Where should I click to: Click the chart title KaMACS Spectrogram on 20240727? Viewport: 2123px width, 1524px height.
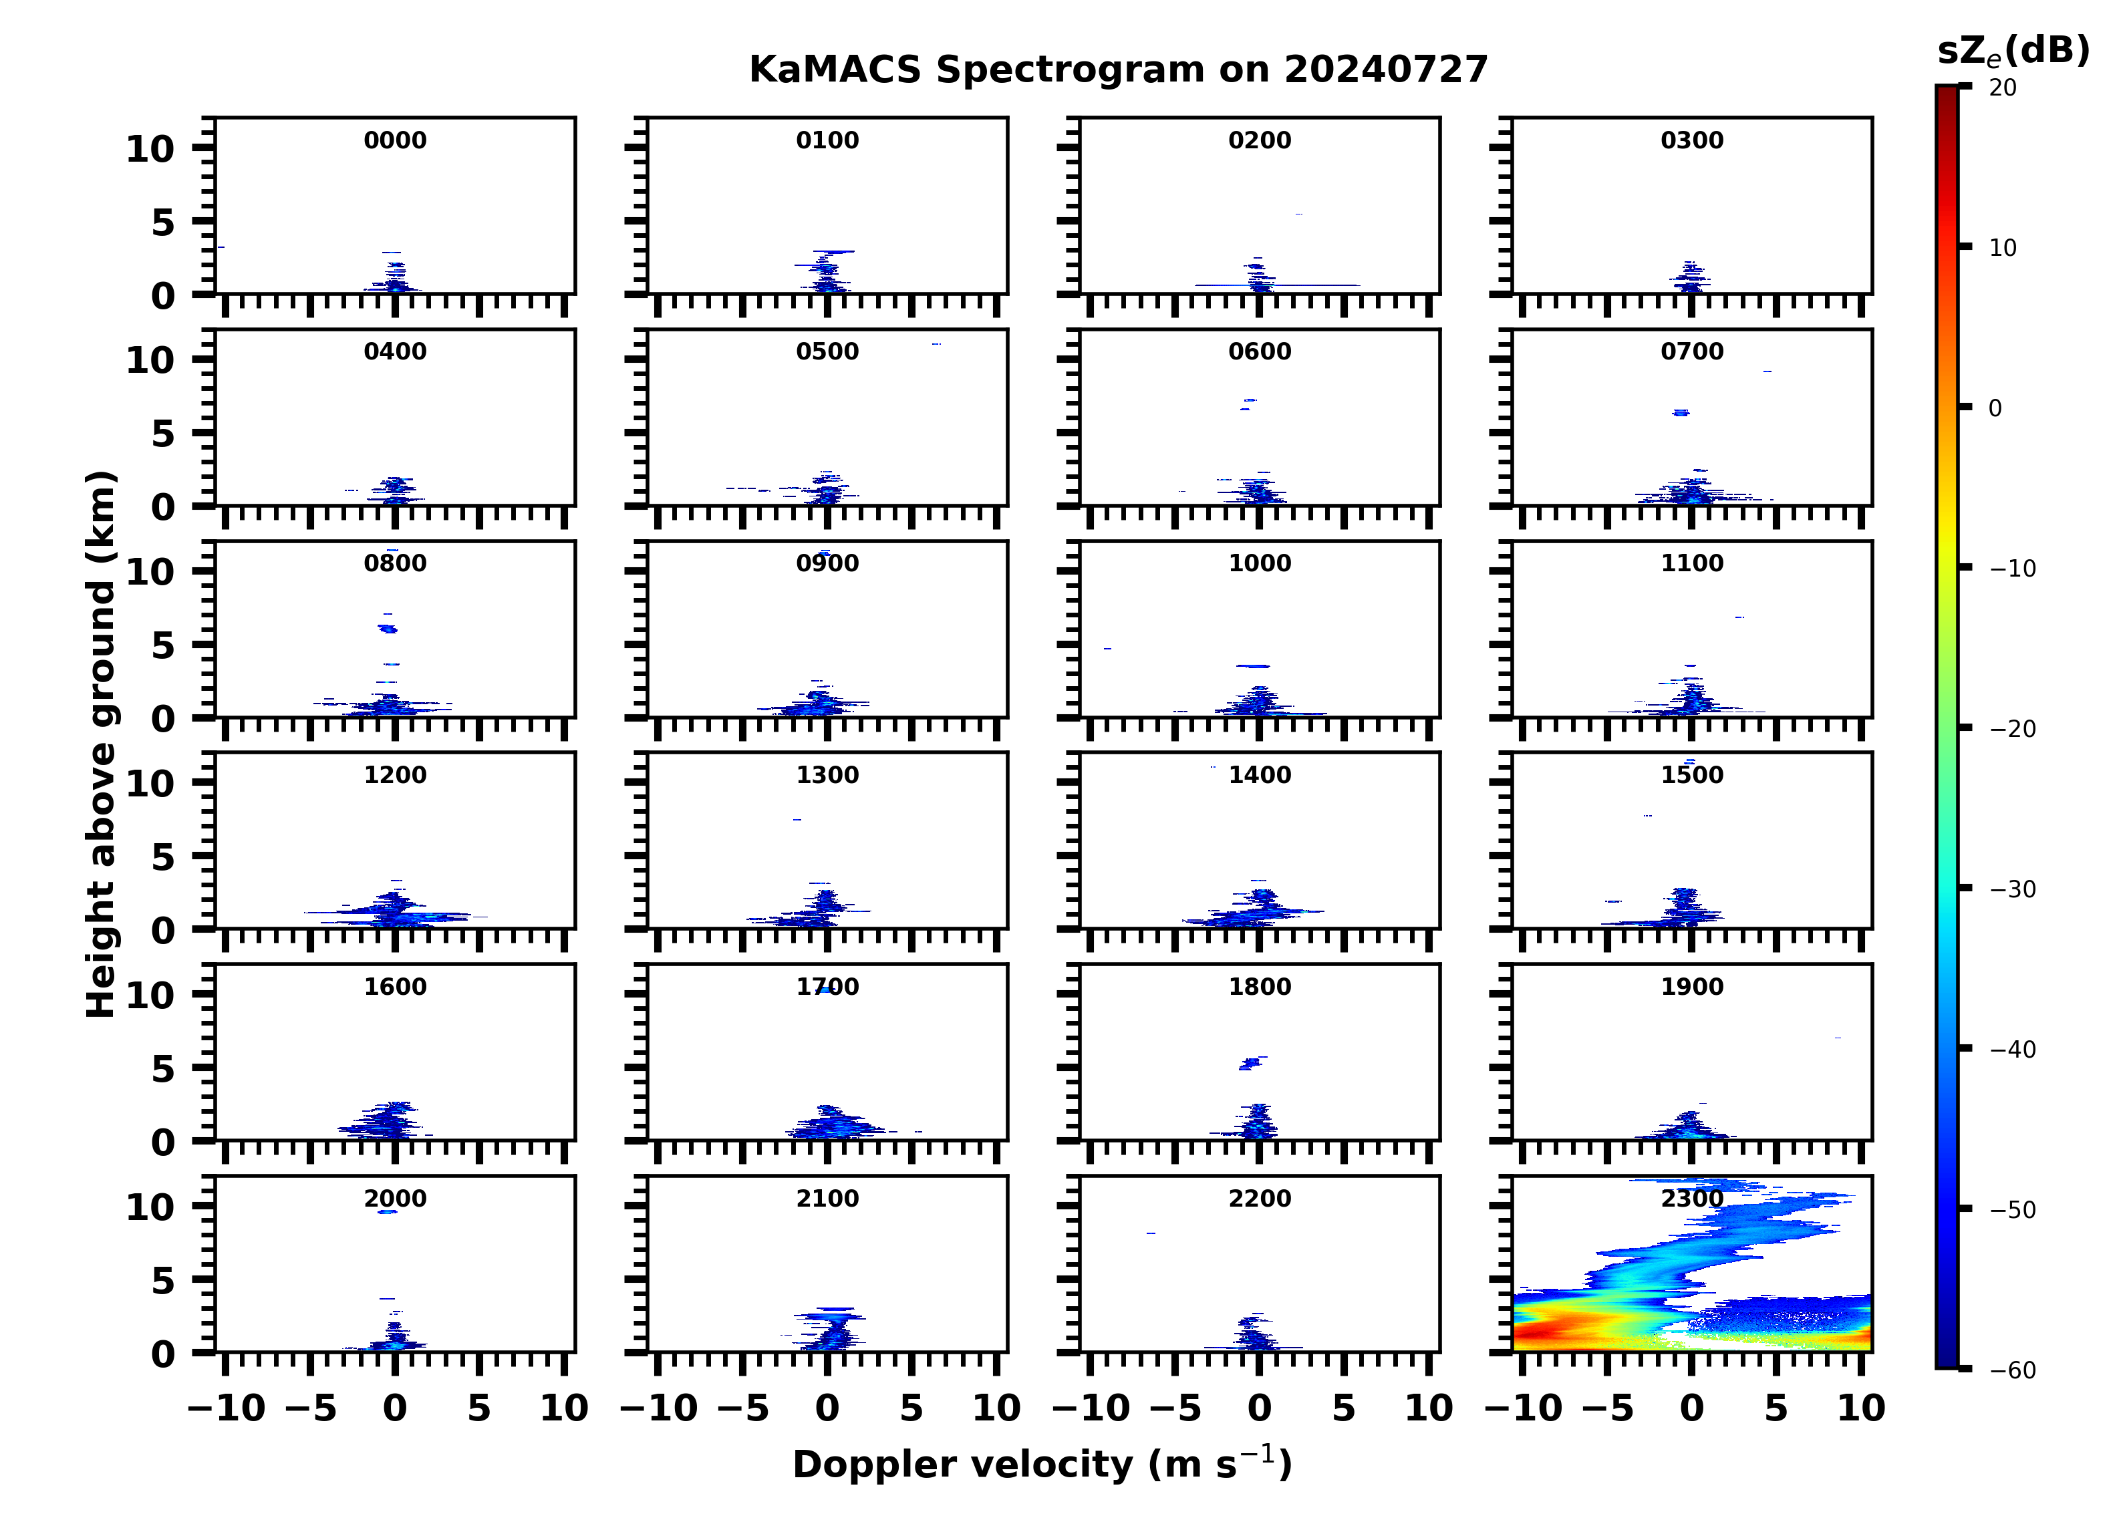coord(1118,69)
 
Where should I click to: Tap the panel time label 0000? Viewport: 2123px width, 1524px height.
coord(395,140)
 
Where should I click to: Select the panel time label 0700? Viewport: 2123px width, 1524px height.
coord(1691,352)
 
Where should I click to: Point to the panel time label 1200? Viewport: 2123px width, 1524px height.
coord(395,775)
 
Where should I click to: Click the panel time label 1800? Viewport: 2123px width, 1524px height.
coord(1259,987)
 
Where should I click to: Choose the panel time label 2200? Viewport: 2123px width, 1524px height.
coord(1259,1198)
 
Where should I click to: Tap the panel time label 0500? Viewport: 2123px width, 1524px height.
coord(827,352)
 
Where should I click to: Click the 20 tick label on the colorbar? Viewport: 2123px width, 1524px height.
coord(2002,88)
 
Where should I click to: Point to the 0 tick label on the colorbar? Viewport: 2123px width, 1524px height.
coord(1995,408)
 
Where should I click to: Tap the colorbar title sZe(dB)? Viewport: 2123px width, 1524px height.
coord(2013,51)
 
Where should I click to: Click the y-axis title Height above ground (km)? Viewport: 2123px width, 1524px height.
coord(101,744)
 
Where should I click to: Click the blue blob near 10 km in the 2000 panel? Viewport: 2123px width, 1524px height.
coord(388,1211)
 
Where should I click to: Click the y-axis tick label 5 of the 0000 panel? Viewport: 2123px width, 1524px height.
coord(163,222)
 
